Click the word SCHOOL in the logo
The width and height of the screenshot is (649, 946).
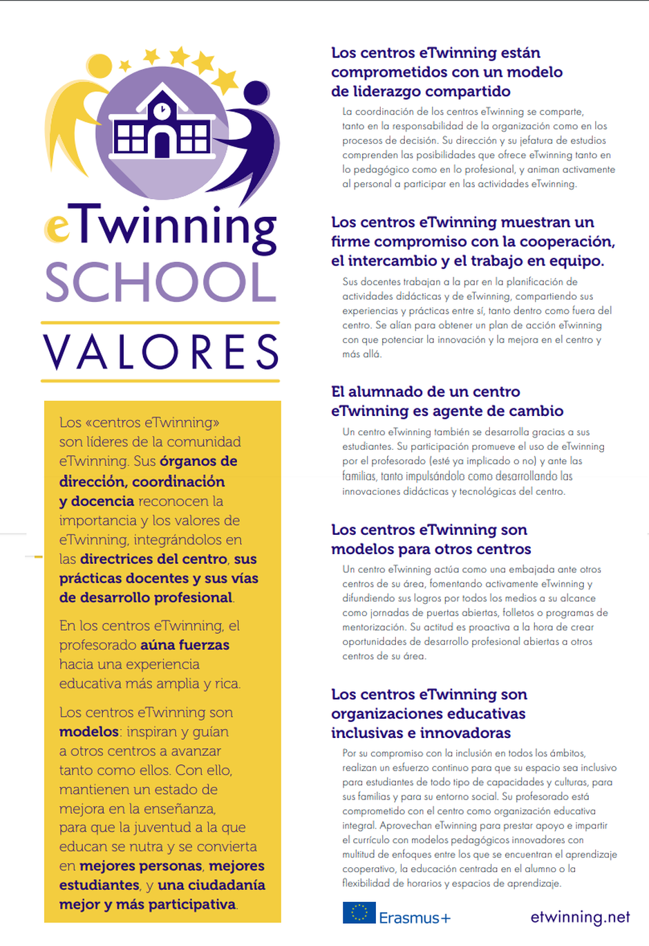pyautogui.click(x=160, y=283)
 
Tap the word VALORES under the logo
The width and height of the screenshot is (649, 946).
pyautogui.click(x=161, y=352)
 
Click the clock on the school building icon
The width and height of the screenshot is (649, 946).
pyautogui.click(x=162, y=110)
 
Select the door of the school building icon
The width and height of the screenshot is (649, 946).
pyautogui.click(x=162, y=144)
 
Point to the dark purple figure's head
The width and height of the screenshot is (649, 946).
pyautogui.click(x=256, y=93)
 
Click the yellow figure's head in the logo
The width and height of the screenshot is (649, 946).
pyautogui.click(x=100, y=66)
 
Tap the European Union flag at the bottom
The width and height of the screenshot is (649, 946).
pyautogui.click(x=359, y=913)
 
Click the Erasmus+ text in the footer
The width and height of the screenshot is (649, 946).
pyautogui.click(x=415, y=918)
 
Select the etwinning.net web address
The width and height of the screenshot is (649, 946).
pyautogui.click(x=580, y=917)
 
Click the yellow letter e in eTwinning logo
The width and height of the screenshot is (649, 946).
pyautogui.click(x=57, y=229)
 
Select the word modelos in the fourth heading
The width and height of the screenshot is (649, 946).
pyautogui.click(x=359, y=549)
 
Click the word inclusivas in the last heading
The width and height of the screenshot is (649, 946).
pyautogui.click(x=365, y=733)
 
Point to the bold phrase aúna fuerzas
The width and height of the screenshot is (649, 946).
pyautogui.click(x=185, y=645)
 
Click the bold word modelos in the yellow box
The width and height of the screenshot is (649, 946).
pyautogui.click(x=89, y=732)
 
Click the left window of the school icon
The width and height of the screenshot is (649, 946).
pyautogui.click(x=129, y=138)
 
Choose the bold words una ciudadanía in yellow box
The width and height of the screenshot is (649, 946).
pyautogui.click(x=211, y=885)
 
